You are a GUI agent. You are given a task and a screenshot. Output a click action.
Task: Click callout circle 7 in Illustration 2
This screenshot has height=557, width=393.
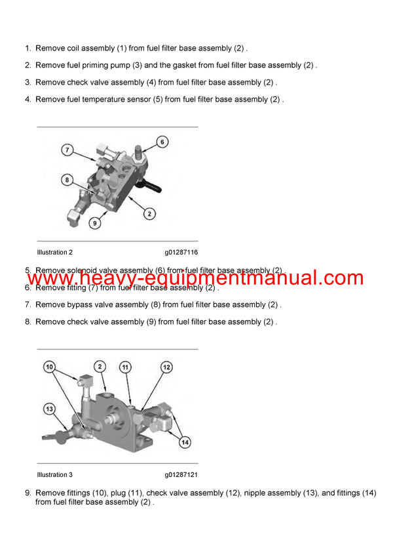67,150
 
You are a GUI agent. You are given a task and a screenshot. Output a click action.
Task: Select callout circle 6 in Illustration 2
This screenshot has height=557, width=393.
162,142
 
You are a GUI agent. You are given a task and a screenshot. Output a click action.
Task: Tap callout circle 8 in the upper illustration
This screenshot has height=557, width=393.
67,179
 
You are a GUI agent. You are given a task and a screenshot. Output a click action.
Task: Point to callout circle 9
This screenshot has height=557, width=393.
95,224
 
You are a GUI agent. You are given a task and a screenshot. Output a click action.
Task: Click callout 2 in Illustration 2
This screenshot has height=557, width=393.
150,214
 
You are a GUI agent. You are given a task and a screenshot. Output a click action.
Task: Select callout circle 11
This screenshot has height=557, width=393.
124,367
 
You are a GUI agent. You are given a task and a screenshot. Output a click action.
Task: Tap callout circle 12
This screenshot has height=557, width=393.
166,367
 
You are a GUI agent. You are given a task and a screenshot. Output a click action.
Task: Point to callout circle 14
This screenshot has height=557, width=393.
185,443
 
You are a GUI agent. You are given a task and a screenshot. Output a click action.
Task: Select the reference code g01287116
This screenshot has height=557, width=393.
181,252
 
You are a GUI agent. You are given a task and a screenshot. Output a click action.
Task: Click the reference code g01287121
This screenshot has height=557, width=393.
181,474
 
